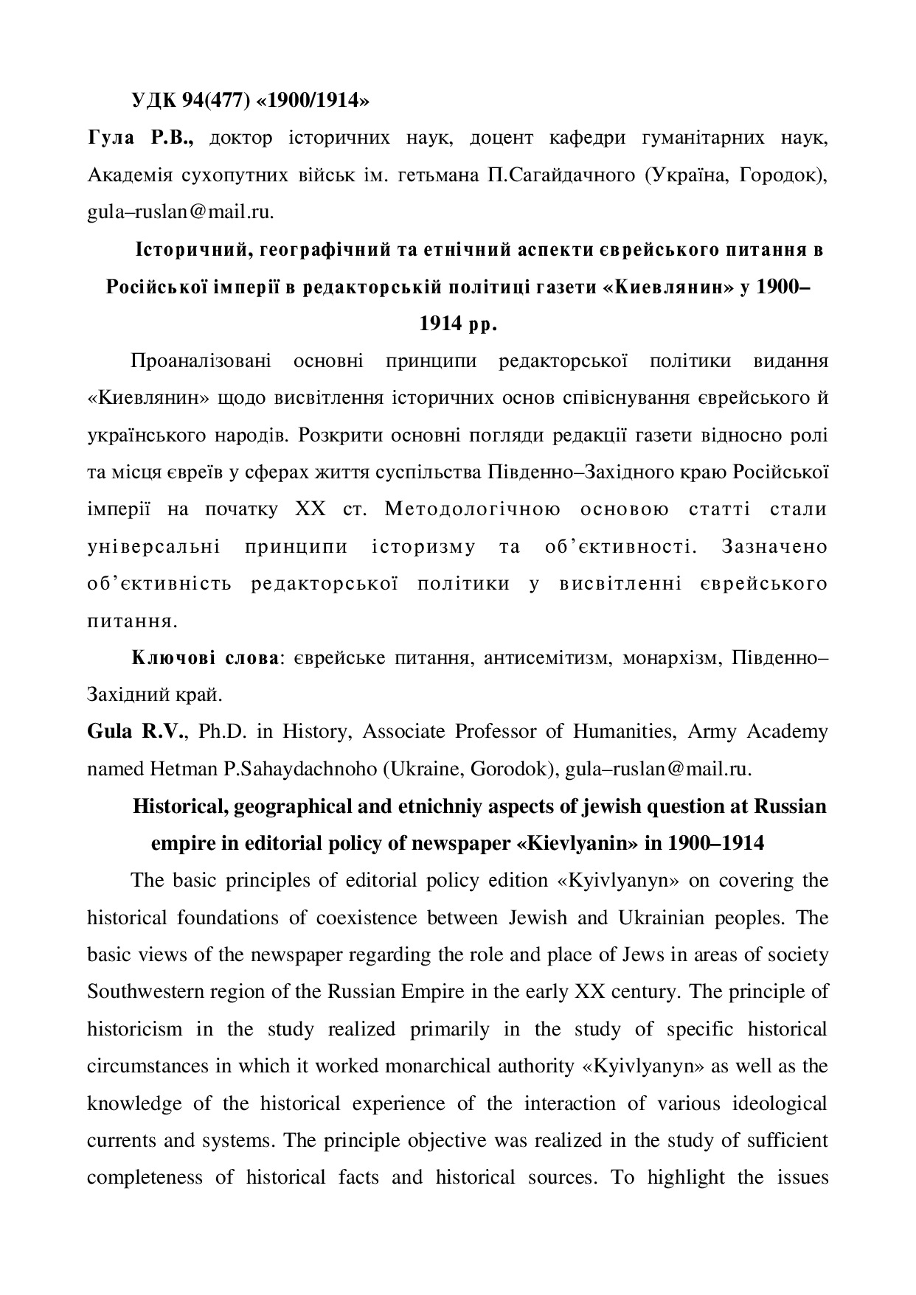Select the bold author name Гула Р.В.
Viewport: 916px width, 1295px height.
coord(140,138)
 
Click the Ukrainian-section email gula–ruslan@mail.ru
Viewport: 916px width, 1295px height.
coord(181,212)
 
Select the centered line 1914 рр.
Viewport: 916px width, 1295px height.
coord(458,324)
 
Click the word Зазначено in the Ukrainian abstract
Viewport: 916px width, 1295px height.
coord(774,547)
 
